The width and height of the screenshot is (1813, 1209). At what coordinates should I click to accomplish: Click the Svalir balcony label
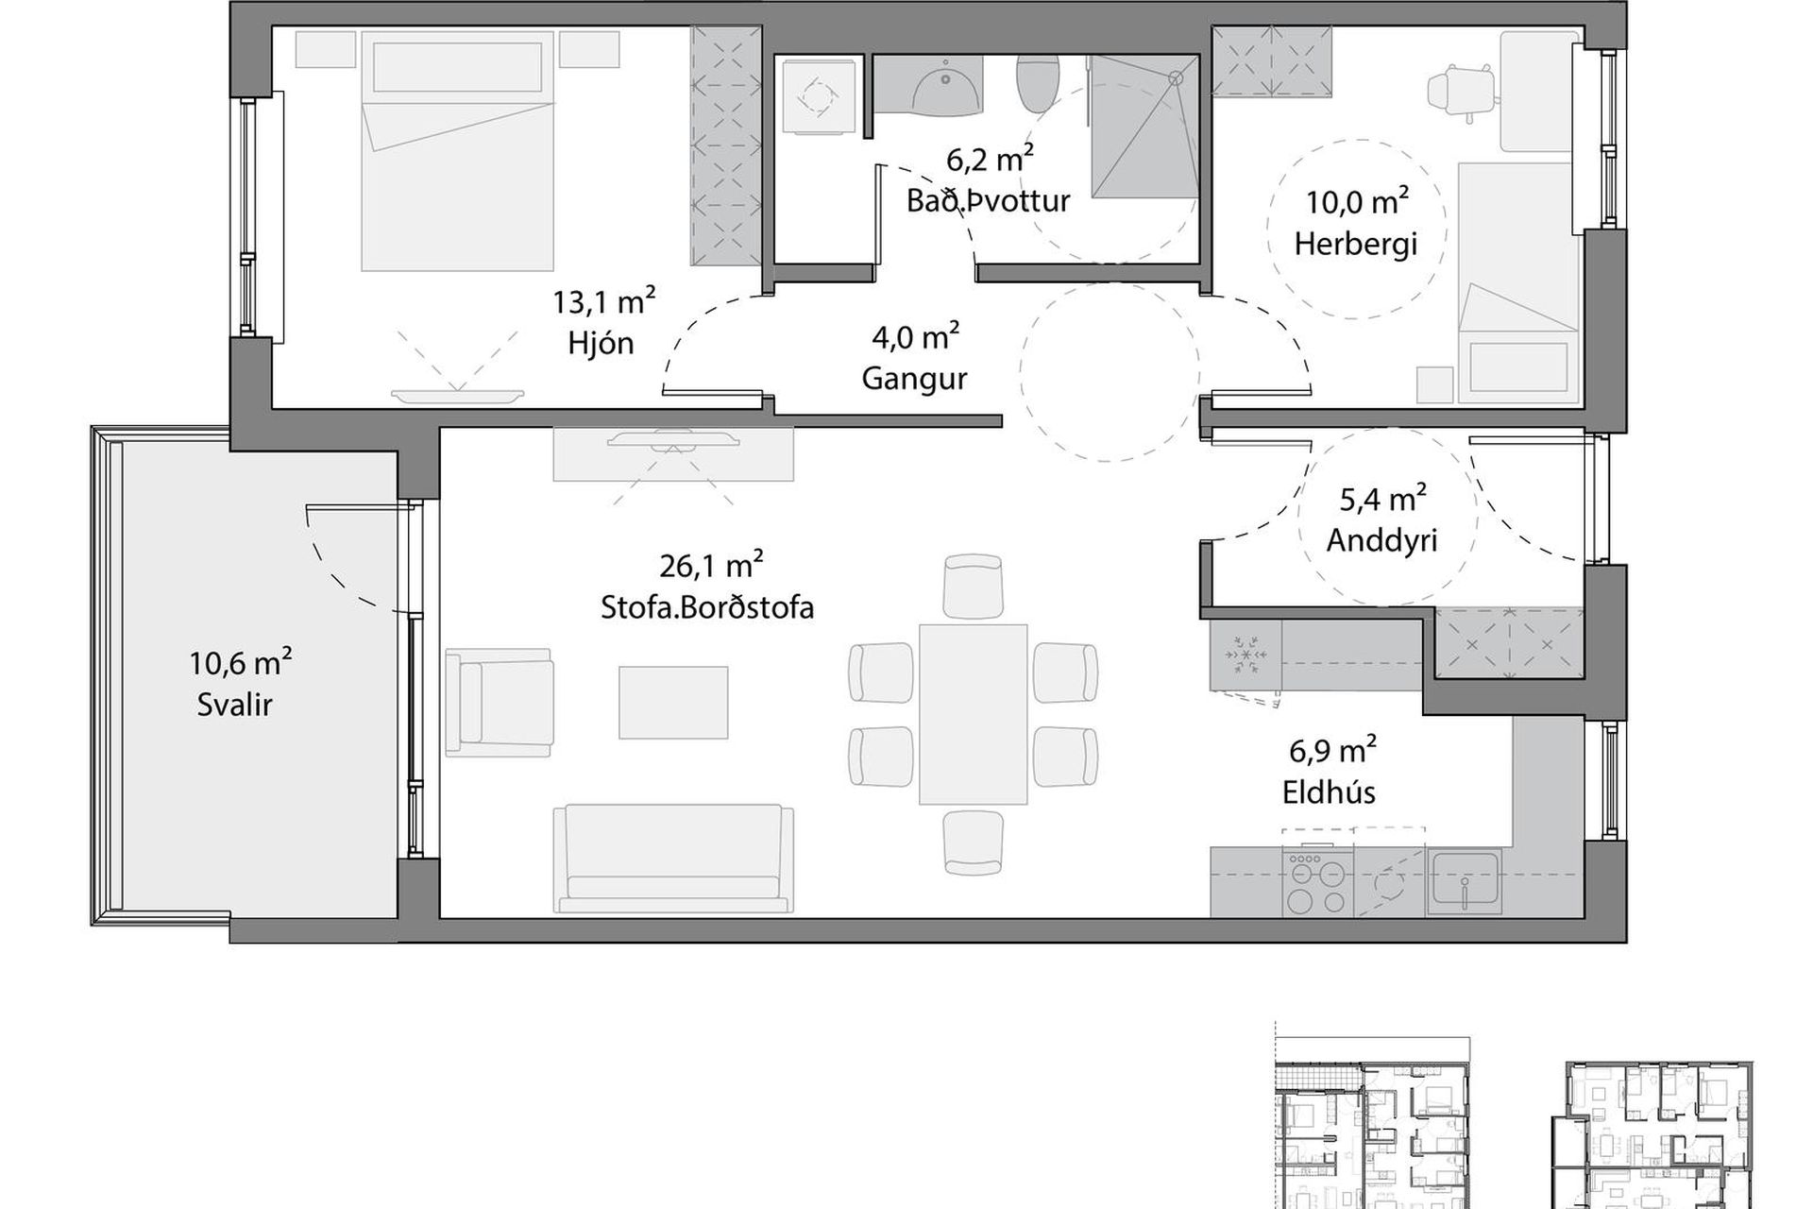coord(235,705)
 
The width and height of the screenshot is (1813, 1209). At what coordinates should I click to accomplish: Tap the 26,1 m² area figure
coord(711,565)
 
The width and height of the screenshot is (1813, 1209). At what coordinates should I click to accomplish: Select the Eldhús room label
coord(1329,792)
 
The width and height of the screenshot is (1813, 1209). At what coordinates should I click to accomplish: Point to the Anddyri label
coord(1381,540)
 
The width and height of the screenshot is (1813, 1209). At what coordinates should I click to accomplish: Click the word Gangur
coord(914,379)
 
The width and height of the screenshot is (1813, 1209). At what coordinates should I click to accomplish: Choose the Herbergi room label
coord(1356,244)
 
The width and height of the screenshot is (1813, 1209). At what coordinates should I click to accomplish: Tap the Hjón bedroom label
coord(601,343)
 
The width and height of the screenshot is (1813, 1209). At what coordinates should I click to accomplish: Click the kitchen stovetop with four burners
coord(1317,884)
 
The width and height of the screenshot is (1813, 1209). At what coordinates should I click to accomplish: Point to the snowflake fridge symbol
coord(1245,654)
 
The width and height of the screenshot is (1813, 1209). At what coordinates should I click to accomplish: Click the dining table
coord(974,713)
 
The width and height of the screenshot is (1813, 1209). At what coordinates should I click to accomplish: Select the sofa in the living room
coord(673,858)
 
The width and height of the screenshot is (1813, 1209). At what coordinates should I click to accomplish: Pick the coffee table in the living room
coord(673,703)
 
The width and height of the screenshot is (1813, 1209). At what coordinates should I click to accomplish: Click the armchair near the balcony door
coord(500,702)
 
